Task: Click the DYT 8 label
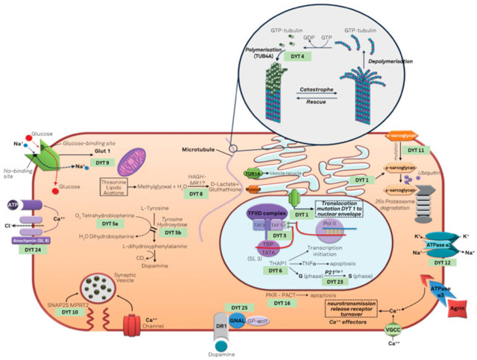tap(196, 194)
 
